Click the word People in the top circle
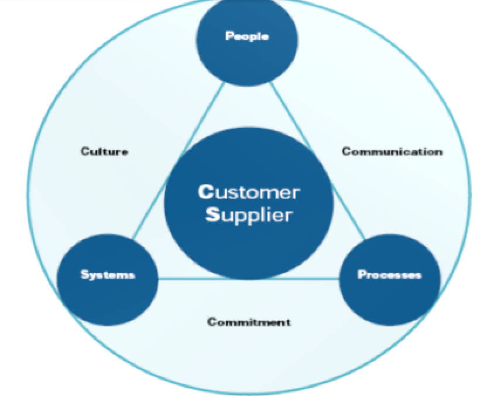tap(246, 36)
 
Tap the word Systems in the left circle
tap(108, 275)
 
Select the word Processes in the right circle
tap(389, 275)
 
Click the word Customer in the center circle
tap(249, 192)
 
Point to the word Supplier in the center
tap(248, 215)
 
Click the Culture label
tap(104, 152)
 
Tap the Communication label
tap(392, 152)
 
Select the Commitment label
tap(249, 322)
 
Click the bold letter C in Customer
tap(204, 192)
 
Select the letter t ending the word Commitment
tap(288, 322)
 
